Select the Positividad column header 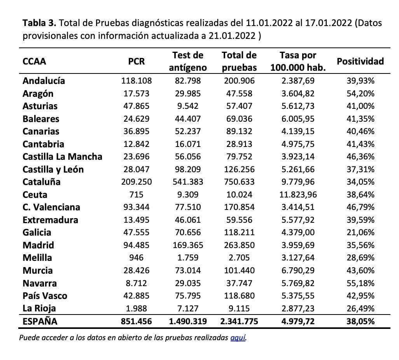click(360, 61)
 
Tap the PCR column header click(136, 61)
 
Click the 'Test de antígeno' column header click(188, 61)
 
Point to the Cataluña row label click(42, 182)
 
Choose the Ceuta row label click(35, 195)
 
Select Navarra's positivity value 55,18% click(360, 283)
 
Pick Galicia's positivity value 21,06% click(360, 232)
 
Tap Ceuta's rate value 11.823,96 click(298, 195)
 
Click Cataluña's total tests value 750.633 click(239, 182)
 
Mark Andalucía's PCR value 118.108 click(136, 81)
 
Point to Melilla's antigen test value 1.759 click(188, 258)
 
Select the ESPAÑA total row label click(40, 322)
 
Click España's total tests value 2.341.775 click(239, 322)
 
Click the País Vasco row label click(45, 296)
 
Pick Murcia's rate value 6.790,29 click(298, 271)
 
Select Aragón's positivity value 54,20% click(360, 94)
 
